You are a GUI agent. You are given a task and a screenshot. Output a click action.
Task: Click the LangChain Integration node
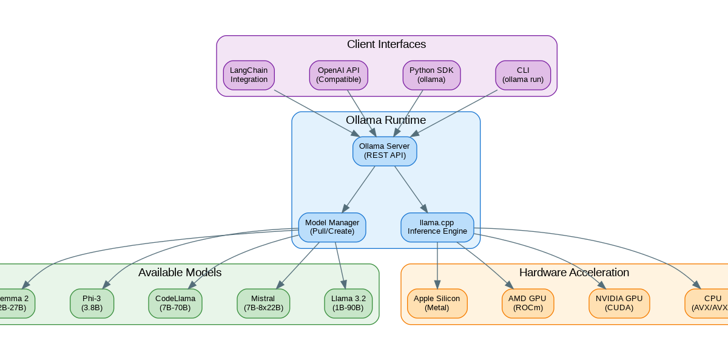249,75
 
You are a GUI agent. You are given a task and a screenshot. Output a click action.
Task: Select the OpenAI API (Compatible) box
339,75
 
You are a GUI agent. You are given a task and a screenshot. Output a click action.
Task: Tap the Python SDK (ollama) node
431,75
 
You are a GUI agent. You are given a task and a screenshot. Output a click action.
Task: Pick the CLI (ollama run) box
523,75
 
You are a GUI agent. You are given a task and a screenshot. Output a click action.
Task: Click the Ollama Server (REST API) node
385,151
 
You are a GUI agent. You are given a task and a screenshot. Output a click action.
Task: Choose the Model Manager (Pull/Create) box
332,227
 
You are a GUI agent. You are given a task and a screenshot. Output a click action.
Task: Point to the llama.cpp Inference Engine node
437,227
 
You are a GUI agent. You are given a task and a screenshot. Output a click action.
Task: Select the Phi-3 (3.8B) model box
92,303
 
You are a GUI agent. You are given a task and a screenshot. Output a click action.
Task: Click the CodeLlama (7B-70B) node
175,303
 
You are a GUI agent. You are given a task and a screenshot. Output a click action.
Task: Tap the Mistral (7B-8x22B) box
263,303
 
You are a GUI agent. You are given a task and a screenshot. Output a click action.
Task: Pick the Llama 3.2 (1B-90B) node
348,303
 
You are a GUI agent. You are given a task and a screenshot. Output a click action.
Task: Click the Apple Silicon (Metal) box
437,303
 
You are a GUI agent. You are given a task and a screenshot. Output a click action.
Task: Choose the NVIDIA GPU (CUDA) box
619,303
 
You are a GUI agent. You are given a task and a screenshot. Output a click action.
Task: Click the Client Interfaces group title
386,44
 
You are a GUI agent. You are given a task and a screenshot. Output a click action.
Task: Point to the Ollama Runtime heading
386,120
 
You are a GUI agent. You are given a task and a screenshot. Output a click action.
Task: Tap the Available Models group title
180,273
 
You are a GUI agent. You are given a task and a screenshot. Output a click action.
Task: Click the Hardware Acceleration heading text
574,273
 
